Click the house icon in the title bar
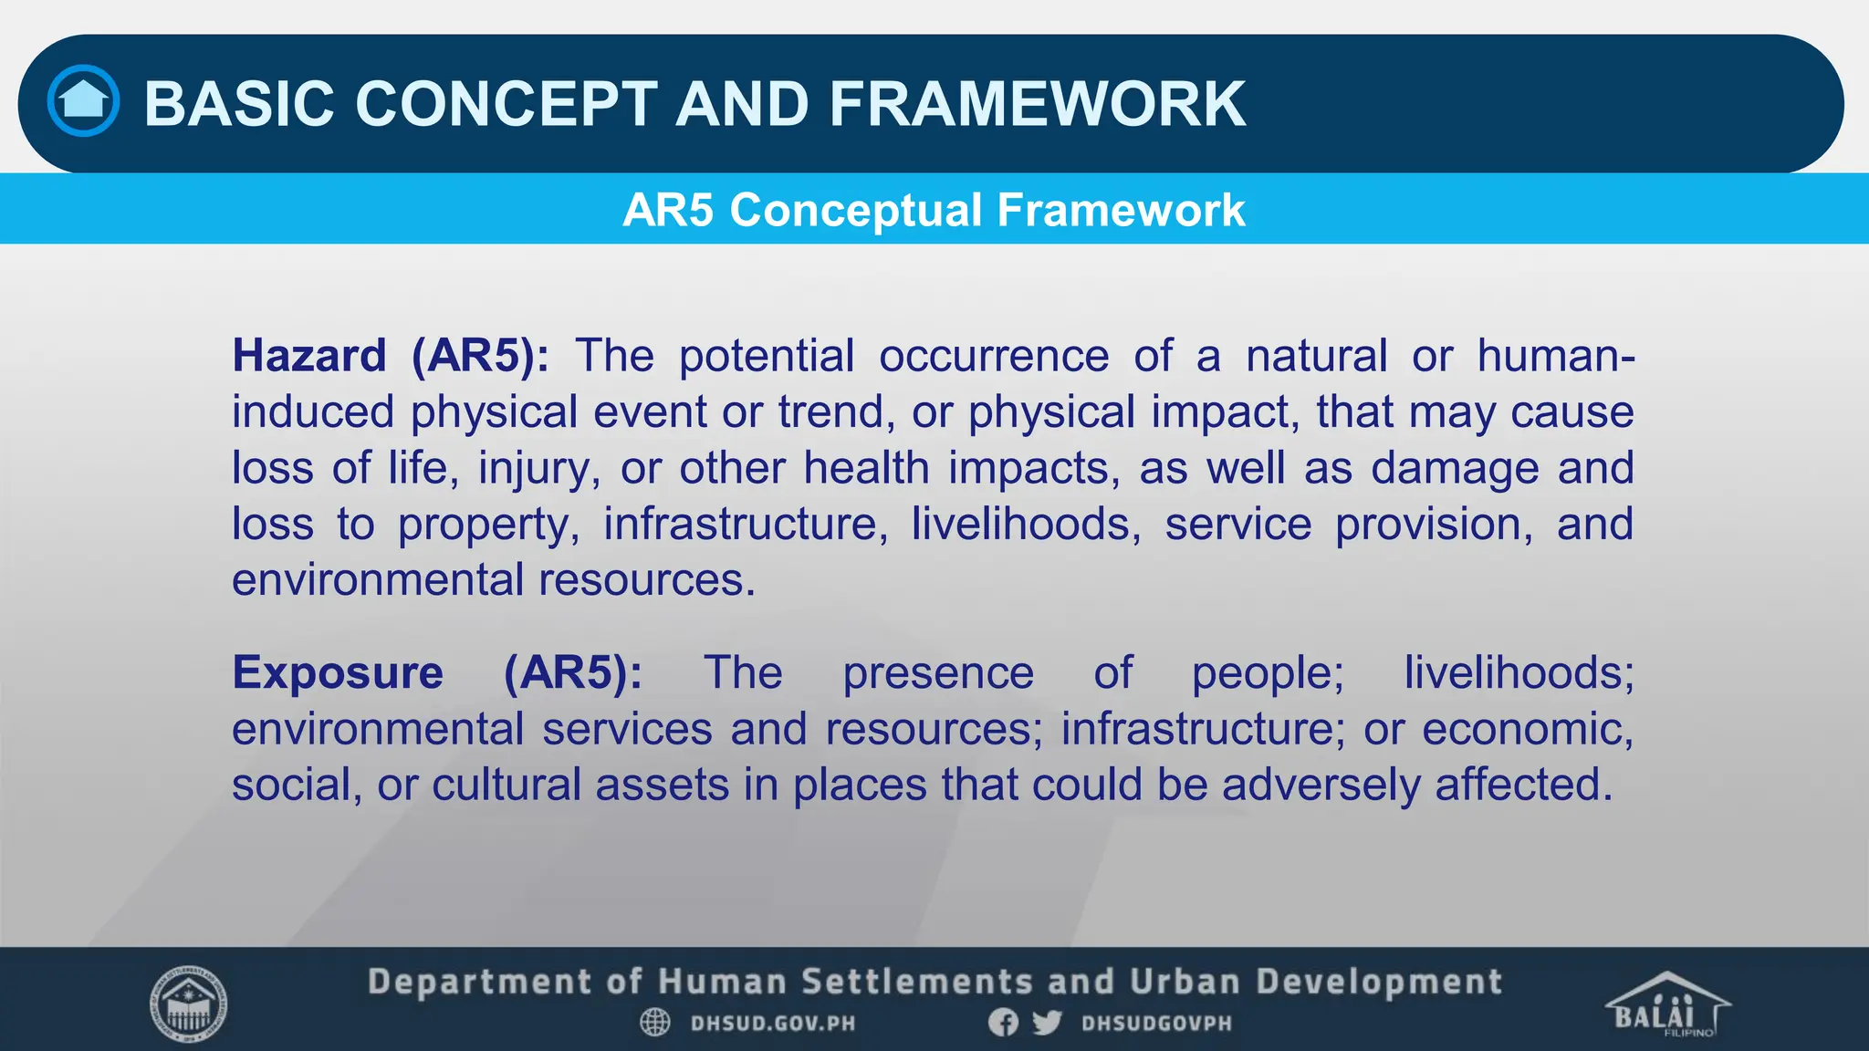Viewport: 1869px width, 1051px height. pyautogui.click(x=83, y=101)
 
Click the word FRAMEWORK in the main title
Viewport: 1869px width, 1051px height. pyautogui.click(x=1037, y=104)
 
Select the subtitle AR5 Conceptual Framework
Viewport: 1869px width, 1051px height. pyautogui.click(x=934, y=211)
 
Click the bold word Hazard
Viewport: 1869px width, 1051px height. pyautogui.click(x=309, y=355)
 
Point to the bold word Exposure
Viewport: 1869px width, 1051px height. pyautogui.click(x=338, y=672)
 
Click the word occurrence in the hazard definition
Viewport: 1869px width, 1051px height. pyautogui.click(x=993, y=355)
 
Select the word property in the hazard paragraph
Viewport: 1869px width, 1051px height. pyautogui.click(x=488, y=525)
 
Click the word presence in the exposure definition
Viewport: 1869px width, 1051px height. pyautogui.click(x=937, y=673)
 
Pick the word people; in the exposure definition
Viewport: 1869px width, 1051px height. pyautogui.click(x=1268, y=673)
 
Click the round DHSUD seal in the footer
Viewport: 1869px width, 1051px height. pyautogui.click(x=188, y=1004)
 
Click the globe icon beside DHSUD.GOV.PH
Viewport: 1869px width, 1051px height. pyautogui.click(x=655, y=1023)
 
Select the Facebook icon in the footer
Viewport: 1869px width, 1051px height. pyautogui.click(x=1003, y=1023)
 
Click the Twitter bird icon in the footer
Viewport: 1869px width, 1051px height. pyautogui.click(x=1047, y=1023)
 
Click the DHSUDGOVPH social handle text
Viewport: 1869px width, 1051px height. pyautogui.click(x=1156, y=1024)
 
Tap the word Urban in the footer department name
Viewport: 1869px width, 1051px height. pyautogui.click(x=1184, y=982)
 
